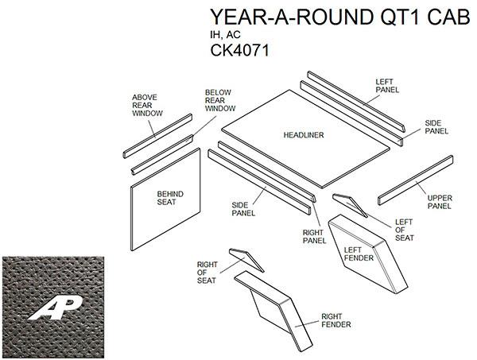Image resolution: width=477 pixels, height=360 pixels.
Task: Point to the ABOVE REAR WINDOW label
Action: tap(145, 106)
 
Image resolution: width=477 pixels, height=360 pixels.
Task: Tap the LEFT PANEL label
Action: tap(386, 87)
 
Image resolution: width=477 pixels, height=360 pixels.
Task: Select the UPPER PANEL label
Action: tap(440, 202)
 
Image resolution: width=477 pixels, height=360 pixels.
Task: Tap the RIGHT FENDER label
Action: tap(335, 320)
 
